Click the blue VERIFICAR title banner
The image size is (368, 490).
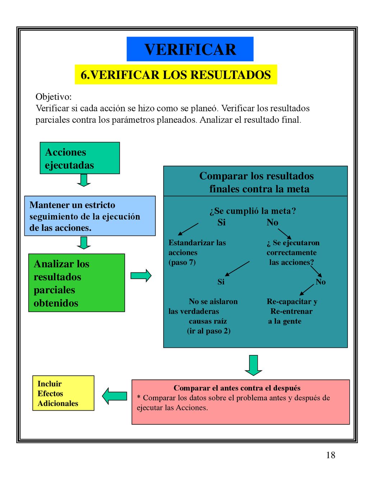190,49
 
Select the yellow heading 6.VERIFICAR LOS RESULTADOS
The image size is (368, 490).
176,75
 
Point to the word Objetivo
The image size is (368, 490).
54,97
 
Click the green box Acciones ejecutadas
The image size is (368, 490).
80,158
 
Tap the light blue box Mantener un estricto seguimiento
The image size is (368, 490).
90,216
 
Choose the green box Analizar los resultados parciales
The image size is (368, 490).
77,283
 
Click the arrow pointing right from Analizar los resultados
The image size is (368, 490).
141,276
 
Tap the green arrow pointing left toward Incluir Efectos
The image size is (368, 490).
114,396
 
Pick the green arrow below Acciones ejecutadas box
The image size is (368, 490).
84,180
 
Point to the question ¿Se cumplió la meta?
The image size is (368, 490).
253,211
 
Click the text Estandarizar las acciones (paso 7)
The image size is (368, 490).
197,252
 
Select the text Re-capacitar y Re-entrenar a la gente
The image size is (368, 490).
292,311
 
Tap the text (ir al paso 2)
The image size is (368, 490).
209,331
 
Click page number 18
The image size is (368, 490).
331,455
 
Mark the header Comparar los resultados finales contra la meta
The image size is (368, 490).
256,182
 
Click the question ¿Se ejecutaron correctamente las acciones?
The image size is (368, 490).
293,252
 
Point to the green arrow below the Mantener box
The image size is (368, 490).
84,243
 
